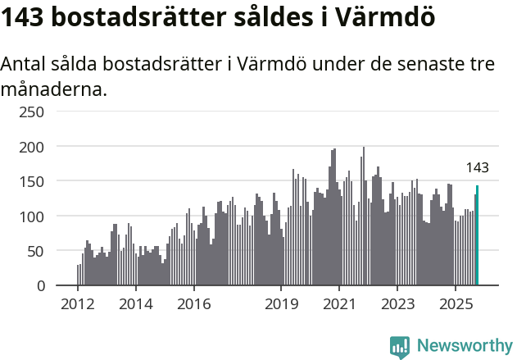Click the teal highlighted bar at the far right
(x=477, y=235)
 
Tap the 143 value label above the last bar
(x=477, y=168)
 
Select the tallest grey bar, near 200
(x=363, y=217)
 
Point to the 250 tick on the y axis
(x=33, y=112)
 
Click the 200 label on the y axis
(x=33, y=147)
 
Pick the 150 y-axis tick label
(x=33, y=181)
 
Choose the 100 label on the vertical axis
(x=33, y=216)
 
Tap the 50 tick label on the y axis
(x=37, y=251)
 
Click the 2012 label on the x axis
(x=78, y=304)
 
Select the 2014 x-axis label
(x=135, y=304)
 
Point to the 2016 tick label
(x=193, y=304)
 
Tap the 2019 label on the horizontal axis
(x=280, y=304)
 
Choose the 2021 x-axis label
(x=338, y=304)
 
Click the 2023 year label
(x=397, y=304)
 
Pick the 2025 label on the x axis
(x=454, y=304)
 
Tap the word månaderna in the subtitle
(x=54, y=89)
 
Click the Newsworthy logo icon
(x=400, y=347)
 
